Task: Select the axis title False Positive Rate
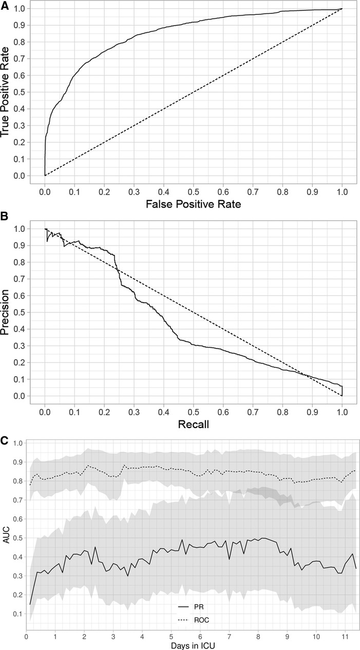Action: click(193, 205)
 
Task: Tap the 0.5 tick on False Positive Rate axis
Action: click(193, 190)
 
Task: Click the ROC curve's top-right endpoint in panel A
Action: click(342, 9)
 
